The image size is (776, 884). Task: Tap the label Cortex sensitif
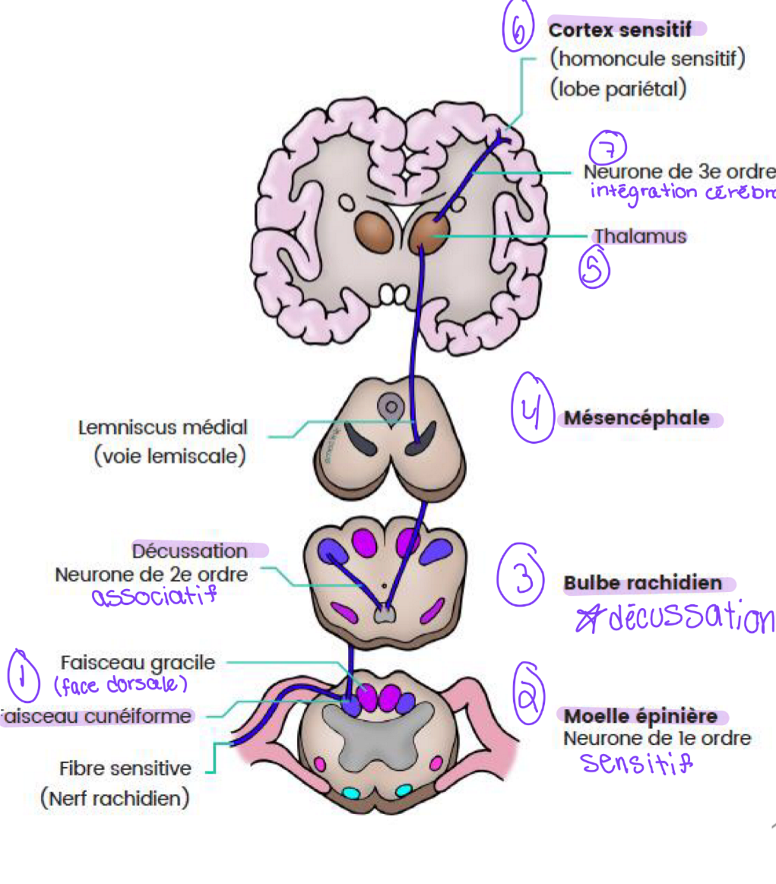point(620,29)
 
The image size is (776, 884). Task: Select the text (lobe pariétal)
point(618,89)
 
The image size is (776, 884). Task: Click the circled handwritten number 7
point(608,148)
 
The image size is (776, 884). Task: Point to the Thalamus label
point(640,236)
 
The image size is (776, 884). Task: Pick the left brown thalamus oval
point(373,231)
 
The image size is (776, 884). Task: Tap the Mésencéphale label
point(636,418)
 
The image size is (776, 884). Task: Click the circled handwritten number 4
point(532,408)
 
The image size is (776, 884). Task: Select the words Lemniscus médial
point(162,427)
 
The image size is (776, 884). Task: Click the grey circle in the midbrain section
point(390,407)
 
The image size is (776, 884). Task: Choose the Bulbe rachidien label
point(642,583)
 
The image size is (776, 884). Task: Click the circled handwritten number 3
point(521,575)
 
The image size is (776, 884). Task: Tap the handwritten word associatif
point(154,596)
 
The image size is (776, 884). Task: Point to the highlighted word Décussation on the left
point(190,551)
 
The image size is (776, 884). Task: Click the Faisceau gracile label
point(137,662)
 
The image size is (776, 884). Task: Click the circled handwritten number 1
point(23,675)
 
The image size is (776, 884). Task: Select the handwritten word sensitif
point(636,762)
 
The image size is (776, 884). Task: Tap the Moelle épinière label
point(640,716)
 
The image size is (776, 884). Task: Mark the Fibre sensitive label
point(125,768)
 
